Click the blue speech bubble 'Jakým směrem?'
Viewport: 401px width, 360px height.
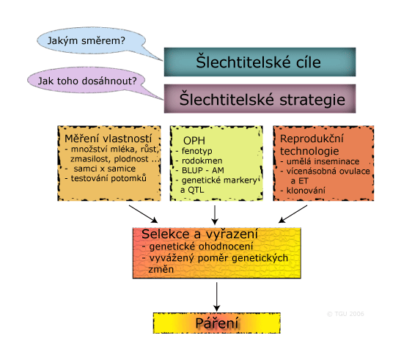91,40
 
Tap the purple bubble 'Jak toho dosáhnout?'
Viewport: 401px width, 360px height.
87,81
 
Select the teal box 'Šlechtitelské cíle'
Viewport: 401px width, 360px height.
260,62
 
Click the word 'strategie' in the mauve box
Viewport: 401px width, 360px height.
312,100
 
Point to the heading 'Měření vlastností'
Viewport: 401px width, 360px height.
108,139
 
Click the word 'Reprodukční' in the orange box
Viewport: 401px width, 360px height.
312,139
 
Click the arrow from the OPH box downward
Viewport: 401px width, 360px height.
215,215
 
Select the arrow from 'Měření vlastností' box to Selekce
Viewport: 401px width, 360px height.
143,214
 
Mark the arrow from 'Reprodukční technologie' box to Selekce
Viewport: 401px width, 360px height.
293,214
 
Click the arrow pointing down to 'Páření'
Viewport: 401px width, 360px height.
216,297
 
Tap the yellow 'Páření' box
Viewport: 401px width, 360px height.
217,323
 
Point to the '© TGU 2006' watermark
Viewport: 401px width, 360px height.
345,314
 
